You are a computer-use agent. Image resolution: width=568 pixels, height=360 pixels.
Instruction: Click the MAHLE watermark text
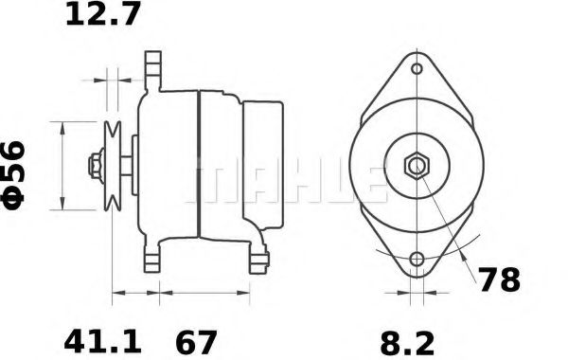click(284, 180)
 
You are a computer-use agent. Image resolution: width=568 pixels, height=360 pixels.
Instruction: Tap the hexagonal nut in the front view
click(417, 167)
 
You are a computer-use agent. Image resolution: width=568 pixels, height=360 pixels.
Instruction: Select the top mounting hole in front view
click(417, 68)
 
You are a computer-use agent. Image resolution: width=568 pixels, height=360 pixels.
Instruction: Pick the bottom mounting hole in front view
click(417, 260)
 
